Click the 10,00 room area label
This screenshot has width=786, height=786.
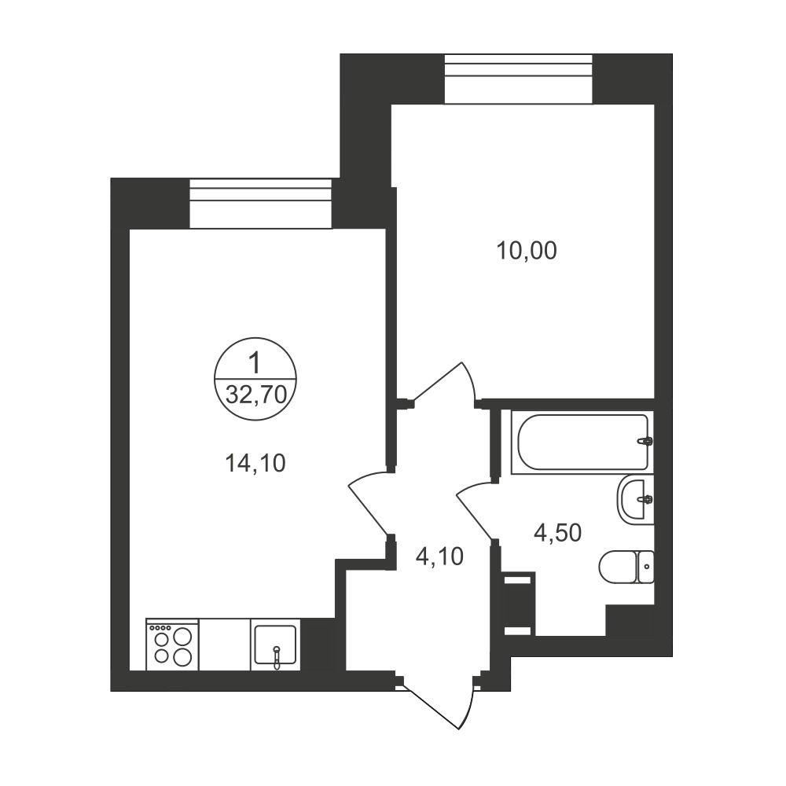pyautogui.click(x=527, y=251)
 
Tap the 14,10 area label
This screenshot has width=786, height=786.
pyautogui.click(x=255, y=464)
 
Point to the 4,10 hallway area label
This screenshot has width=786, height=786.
pyautogui.click(x=439, y=556)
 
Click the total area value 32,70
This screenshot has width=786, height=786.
pyautogui.click(x=256, y=395)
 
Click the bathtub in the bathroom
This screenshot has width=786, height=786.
pyautogui.click(x=582, y=442)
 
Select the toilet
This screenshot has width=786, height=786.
pyautogui.click(x=626, y=567)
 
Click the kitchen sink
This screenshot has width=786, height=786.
pyautogui.click(x=275, y=645)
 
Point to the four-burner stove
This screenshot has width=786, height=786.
pyautogui.click(x=172, y=645)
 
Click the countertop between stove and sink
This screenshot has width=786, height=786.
pyautogui.click(x=225, y=645)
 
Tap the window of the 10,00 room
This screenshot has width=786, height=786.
pyautogui.click(x=518, y=79)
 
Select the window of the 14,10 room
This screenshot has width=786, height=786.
pyautogui.click(x=261, y=204)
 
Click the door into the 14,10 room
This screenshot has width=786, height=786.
pyautogui.click(x=369, y=501)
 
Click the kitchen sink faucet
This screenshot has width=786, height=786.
pyautogui.click(x=276, y=656)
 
